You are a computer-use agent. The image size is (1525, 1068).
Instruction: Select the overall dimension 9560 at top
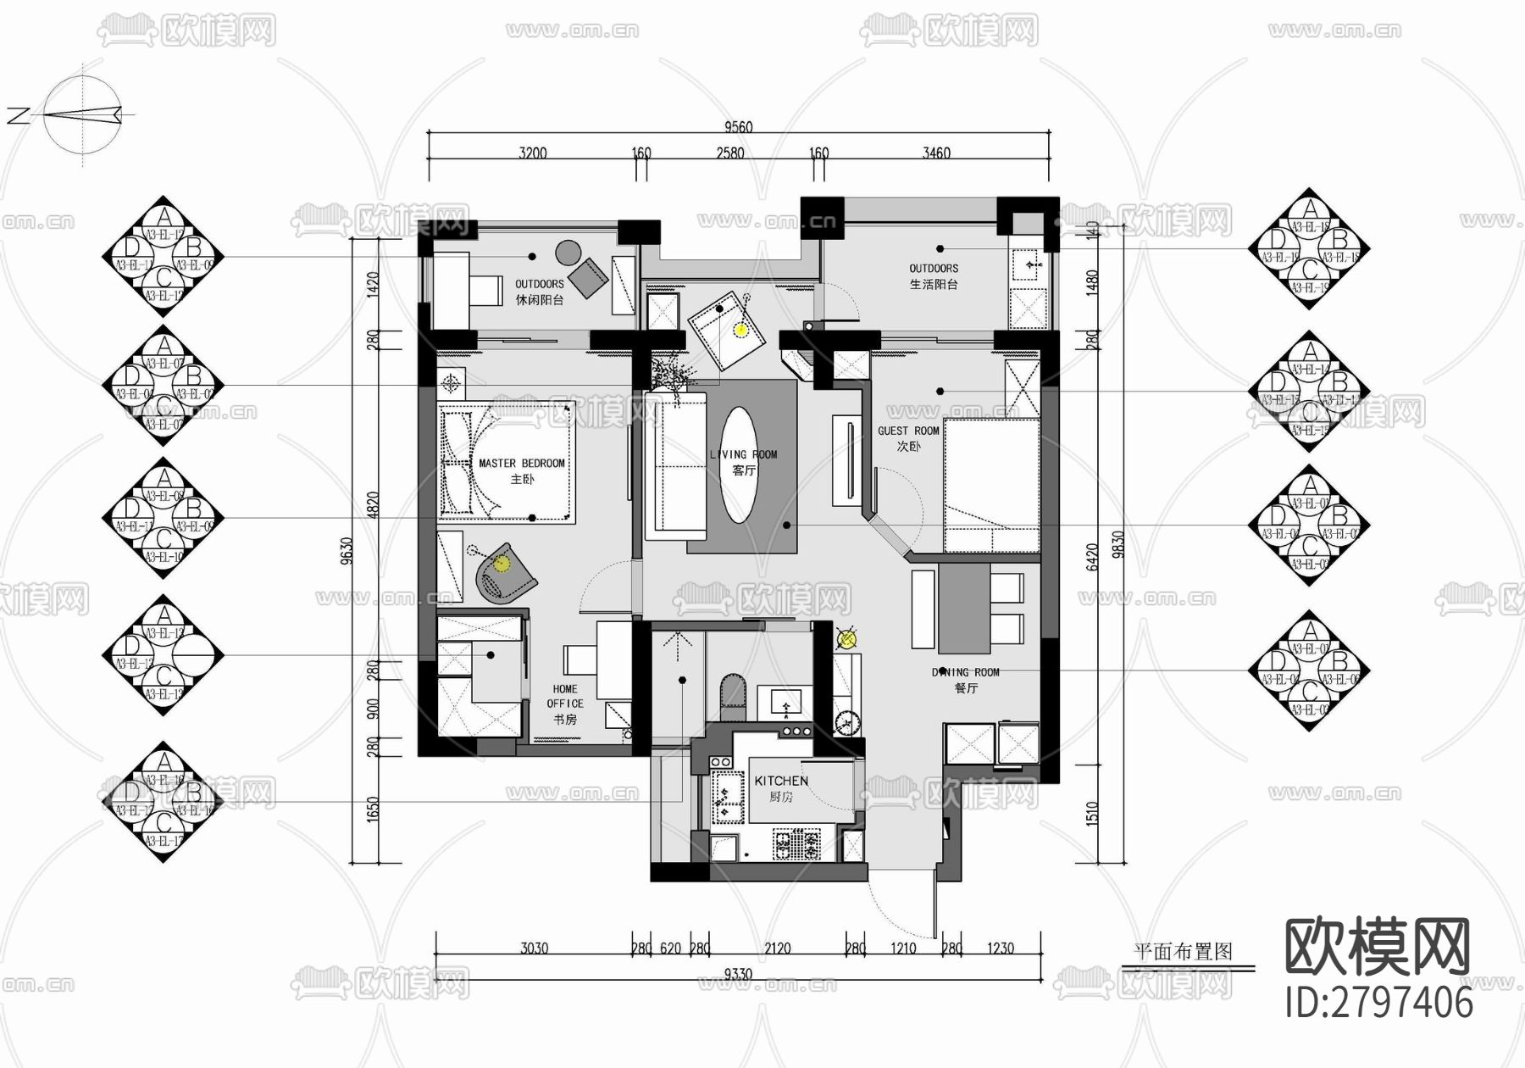coord(738,127)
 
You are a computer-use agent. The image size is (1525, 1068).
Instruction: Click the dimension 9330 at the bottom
coord(737,975)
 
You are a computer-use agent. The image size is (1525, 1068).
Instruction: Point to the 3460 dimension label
coord(936,153)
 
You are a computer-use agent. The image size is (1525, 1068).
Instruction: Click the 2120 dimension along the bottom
coord(777,948)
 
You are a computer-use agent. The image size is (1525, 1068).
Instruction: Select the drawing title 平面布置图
coord(1183,952)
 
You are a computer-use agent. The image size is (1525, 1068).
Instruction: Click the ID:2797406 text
coord(1379,1003)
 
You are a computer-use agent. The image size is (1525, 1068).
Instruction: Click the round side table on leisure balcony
coord(568,252)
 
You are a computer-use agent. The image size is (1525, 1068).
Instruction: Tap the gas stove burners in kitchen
coord(796,844)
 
